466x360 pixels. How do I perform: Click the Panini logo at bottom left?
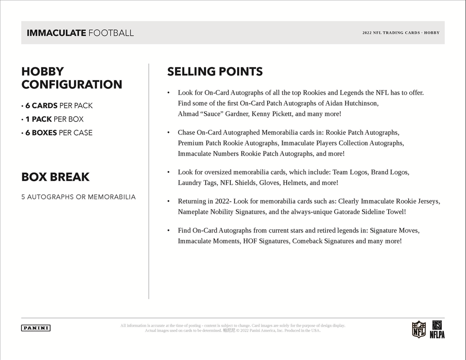tap(35, 328)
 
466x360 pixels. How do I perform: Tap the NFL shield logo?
tap(418, 329)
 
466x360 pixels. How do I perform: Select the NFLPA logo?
tap(437, 329)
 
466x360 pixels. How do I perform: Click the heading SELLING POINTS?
tap(215, 71)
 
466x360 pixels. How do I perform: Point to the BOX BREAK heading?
tap(56, 177)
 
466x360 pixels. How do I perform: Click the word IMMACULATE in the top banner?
tap(56, 33)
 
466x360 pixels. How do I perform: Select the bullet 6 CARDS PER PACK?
tap(57, 106)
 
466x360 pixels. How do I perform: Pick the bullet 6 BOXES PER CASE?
tap(57, 133)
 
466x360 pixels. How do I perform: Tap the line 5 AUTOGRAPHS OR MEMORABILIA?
tap(78, 197)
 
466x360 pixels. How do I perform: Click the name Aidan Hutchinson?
tap(352, 103)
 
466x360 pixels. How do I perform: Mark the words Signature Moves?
tap(395, 230)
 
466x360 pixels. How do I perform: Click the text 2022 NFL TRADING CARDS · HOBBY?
tap(401, 33)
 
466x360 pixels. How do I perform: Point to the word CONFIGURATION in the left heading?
tap(72, 85)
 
